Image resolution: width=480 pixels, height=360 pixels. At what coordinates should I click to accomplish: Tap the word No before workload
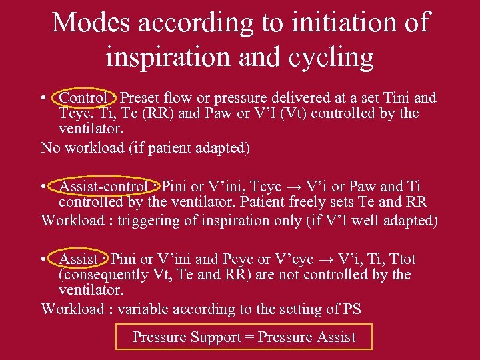(x=51, y=147)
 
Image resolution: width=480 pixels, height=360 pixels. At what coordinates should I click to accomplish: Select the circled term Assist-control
(x=103, y=187)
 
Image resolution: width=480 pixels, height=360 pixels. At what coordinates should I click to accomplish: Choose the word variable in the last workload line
(x=145, y=309)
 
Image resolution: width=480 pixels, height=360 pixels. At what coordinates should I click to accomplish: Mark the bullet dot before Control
(x=43, y=99)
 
